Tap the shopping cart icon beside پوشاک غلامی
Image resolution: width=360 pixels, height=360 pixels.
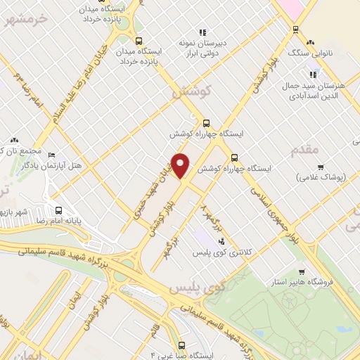[321, 167]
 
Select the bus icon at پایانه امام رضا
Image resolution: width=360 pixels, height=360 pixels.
[58, 210]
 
